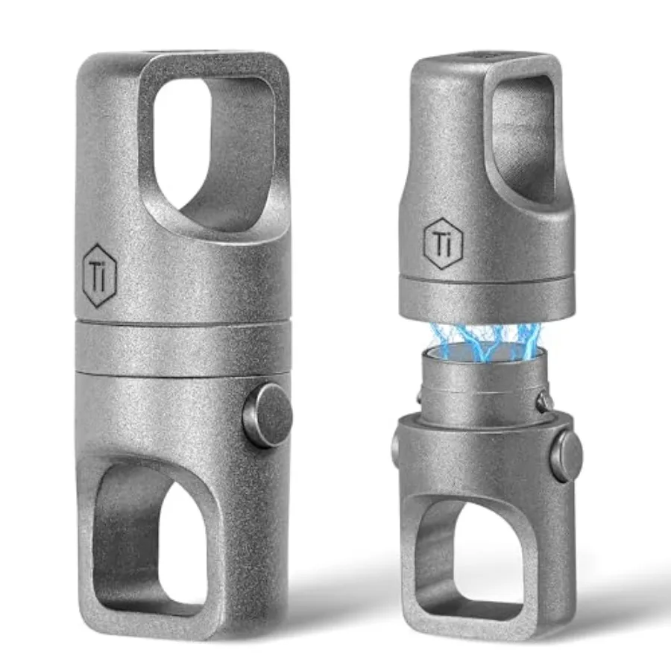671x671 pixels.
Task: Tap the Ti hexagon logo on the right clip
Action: pos(440,241)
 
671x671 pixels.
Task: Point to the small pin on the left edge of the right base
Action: pos(395,447)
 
